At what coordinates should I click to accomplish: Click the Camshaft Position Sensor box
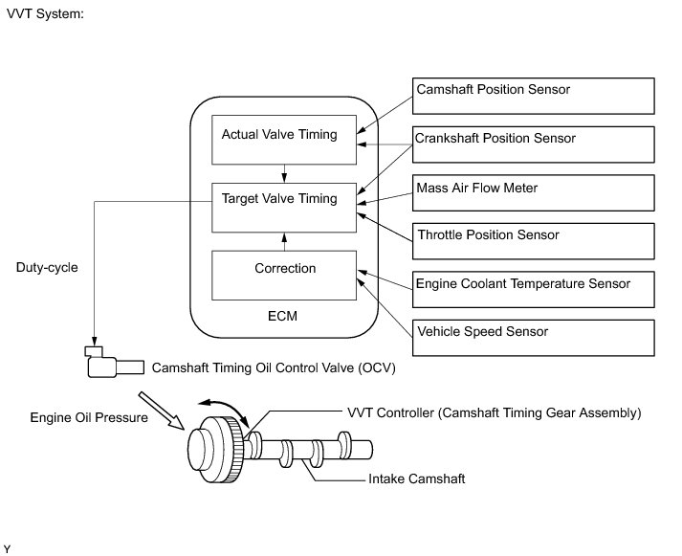coord(533,96)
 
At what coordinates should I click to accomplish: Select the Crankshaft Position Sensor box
coord(533,145)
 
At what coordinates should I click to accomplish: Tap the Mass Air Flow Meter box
coord(533,192)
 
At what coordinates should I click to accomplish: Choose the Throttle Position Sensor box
coord(533,241)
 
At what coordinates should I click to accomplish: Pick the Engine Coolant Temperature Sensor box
coord(533,289)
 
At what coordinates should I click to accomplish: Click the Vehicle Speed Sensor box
coord(533,338)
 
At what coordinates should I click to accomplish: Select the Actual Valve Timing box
coord(284,140)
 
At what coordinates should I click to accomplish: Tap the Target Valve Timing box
coord(284,208)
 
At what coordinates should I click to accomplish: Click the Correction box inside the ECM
coord(284,276)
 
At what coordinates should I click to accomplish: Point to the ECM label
coord(282,316)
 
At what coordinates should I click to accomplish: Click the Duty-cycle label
coord(47,267)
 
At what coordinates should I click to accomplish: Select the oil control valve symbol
coord(114,362)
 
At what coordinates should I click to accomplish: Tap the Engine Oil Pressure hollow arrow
coord(161,411)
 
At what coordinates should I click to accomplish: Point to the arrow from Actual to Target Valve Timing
coord(284,173)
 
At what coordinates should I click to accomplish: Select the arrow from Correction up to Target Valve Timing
coord(284,242)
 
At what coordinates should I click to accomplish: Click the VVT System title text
coord(45,14)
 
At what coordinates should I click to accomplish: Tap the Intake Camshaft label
coord(417,479)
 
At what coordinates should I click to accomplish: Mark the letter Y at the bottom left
coord(7,549)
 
